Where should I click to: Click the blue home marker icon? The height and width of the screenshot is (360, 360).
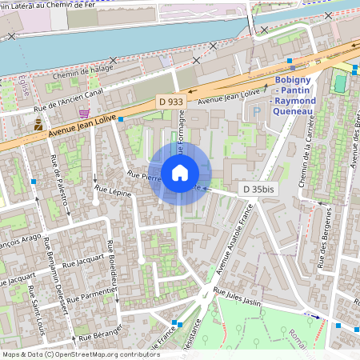click(180, 172)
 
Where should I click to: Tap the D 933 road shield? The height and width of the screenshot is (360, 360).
click(172, 103)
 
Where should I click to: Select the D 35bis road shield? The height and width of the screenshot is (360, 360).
click(258, 190)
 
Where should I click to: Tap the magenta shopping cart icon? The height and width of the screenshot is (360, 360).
click(83, 114)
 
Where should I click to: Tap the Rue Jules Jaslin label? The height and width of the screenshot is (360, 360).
click(238, 298)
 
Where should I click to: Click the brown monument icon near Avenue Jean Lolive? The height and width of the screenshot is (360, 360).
click(38, 124)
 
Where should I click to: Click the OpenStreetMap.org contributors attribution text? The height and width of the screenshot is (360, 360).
click(107, 354)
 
